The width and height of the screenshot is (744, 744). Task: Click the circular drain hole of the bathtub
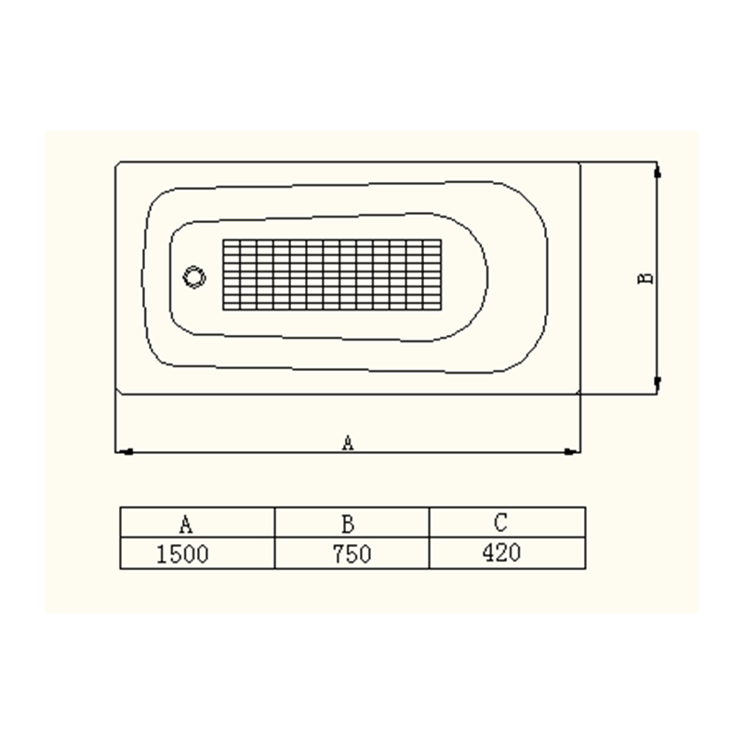pos(194,276)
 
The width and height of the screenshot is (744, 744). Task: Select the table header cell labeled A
pos(197,523)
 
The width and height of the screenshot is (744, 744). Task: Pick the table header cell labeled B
pos(352,523)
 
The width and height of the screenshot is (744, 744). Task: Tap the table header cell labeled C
pos(507,523)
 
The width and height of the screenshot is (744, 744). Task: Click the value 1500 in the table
pos(182,553)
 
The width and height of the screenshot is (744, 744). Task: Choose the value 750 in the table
pos(352,553)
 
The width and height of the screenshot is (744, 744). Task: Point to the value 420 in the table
pos(501,552)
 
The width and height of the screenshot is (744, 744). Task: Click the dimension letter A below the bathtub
pos(348,444)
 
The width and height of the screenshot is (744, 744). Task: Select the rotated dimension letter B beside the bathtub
pos(644,278)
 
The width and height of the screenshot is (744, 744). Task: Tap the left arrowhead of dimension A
pos(125,452)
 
